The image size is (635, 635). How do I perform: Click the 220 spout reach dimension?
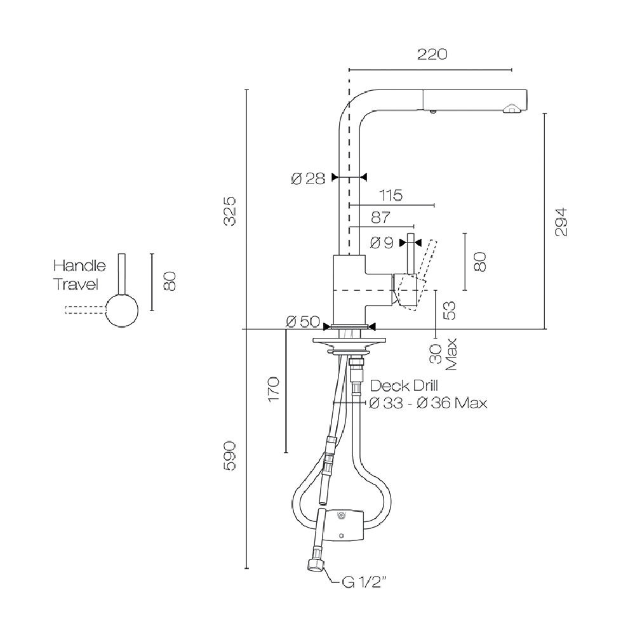click(432, 55)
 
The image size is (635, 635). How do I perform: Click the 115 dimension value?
click(391, 196)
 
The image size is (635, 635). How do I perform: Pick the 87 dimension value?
click(380, 218)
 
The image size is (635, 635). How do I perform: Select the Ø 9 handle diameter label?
click(381, 243)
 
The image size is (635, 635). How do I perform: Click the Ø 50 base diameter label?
click(302, 322)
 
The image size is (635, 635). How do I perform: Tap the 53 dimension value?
click(450, 311)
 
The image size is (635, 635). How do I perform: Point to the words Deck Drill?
click(404, 385)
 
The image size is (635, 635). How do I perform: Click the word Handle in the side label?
click(79, 265)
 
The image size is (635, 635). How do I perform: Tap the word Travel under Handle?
click(76, 284)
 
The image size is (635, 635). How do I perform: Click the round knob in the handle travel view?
click(122, 311)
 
